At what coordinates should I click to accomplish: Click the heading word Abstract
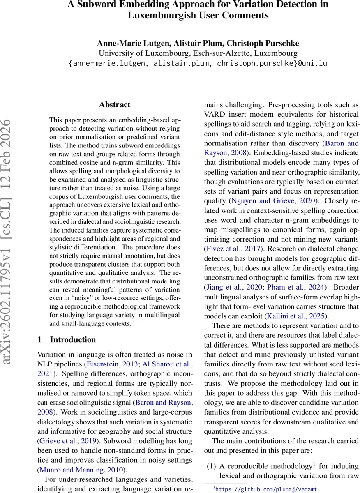115,105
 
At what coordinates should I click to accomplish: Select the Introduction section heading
73,340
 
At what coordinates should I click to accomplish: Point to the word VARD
215,115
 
